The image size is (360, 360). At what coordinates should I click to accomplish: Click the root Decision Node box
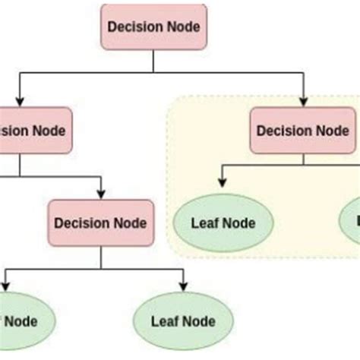pyautogui.click(x=153, y=27)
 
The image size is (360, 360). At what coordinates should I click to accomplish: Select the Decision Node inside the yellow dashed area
pyautogui.click(x=304, y=130)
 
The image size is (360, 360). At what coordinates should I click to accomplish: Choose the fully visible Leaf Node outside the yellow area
pyautogui.click(x=182, y=321)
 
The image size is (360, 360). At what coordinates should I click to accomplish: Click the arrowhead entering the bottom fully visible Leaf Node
pyautogui.click(x=182, y=287)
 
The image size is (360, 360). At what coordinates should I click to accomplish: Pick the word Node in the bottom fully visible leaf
pyautogui.click(x=198, y=321)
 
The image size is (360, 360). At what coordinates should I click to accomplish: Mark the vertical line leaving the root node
pyautogui.click(x=153, y=61)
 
